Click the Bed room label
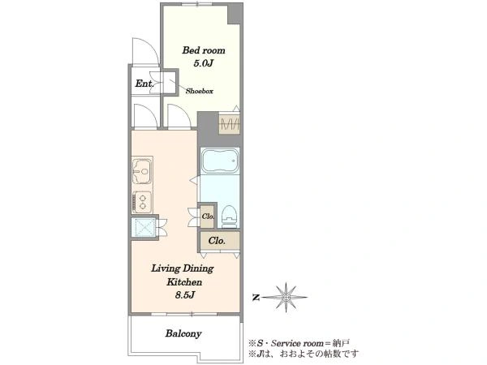coord(204,50)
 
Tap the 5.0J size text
coord(204,63)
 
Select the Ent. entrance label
coord(144,84)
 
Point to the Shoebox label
coord(200,91)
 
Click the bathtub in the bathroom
coord(220,161)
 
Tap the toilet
coord(230,217)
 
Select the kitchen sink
coord(142,171)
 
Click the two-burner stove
coord(142,202)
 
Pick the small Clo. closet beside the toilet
coord(207,216)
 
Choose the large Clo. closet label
coord(217,241)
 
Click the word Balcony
coord(183,333)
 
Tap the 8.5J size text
coord(184,295)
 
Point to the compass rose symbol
coord(285,298)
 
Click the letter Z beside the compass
coord(256,298)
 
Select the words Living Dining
coord(183,268)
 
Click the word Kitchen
coord(184,282)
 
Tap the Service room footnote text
coord(299,343)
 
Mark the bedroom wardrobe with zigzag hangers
coord(229,124)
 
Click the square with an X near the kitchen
coord(144,228)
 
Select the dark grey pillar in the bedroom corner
coord(235,15)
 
